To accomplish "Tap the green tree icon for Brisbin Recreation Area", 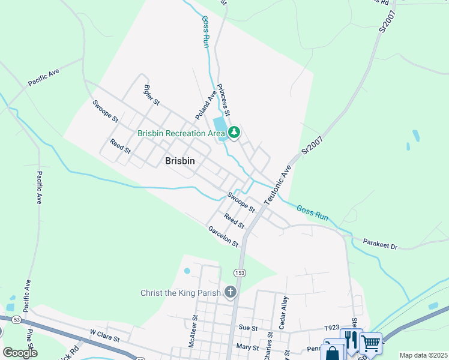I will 234,133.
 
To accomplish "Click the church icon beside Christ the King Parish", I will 230,292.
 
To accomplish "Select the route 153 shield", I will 240,272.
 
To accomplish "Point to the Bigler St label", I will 151,95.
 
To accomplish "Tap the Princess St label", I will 223,100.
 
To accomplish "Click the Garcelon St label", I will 223,236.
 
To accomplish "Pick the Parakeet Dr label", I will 381,244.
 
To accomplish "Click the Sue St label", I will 248,328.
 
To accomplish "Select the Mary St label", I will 247,347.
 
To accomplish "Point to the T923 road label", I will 331,328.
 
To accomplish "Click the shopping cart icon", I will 370,343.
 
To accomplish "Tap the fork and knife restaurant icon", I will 350,338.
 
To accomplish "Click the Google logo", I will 20,353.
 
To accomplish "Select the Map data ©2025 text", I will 423,355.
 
